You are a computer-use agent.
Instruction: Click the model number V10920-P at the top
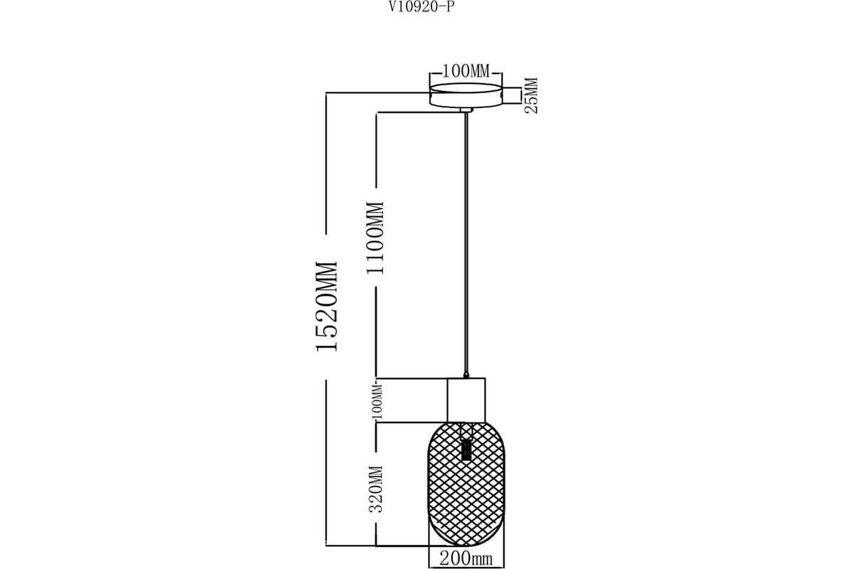(421, 6)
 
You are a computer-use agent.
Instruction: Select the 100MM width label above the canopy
(466, 71)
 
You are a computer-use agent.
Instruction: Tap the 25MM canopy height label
(531, 95)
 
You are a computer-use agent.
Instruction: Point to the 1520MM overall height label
(327, 306)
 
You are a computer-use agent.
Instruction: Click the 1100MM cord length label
(375, 238)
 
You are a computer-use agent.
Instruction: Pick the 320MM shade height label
(375, 489)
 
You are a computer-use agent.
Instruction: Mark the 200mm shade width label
(466, 559)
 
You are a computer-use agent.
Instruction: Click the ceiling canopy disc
(466, 95)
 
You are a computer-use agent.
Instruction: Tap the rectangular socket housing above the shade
(466, 400)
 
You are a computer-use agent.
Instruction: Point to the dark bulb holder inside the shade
(466, 450)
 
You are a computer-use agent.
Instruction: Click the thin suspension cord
(466, 243)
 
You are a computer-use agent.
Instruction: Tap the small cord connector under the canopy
(466, 110)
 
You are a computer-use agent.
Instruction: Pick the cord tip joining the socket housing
(466, 375)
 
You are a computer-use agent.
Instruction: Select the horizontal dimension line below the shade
(466, 568)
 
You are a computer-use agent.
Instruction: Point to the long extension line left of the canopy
(377, 92)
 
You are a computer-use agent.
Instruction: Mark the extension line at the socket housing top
(412, 379)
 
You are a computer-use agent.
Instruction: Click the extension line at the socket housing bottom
(412, 422)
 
